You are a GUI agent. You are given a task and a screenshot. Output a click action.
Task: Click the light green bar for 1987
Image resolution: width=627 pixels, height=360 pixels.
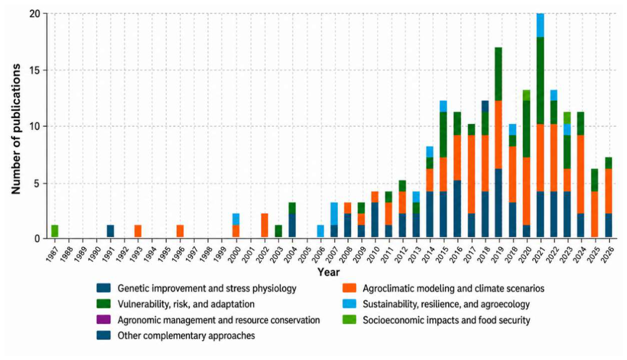55,231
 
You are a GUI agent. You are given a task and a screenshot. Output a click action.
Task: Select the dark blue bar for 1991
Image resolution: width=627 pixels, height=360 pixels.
110,231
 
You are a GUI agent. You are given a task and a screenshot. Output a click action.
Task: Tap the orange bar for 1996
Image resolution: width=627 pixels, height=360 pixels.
180,231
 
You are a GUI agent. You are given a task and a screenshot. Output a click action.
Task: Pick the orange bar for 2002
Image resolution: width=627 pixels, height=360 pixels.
265,225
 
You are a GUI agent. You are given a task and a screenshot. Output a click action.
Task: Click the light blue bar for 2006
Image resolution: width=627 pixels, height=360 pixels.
320,231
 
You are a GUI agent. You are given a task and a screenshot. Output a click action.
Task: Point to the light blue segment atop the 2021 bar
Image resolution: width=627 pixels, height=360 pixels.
541,25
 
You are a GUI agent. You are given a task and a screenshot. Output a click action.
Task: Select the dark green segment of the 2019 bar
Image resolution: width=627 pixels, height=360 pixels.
498,74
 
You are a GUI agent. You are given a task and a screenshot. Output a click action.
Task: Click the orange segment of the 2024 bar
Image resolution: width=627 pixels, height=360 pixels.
580,174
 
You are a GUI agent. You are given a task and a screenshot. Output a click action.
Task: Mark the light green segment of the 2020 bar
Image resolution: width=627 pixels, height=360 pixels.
527,95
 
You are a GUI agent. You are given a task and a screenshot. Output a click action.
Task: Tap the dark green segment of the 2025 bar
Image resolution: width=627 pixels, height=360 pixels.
594,180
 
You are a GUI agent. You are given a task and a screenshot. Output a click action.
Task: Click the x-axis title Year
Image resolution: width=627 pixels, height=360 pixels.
329,272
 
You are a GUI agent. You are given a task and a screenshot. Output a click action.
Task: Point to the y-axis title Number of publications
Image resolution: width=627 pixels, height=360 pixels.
16,129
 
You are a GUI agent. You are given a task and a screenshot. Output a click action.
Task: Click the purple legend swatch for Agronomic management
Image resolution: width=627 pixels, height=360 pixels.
103,320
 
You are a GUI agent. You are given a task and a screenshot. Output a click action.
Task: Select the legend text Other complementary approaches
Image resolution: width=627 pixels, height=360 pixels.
186,335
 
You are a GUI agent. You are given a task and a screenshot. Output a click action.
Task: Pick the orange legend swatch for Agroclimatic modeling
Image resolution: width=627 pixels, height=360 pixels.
349,288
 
